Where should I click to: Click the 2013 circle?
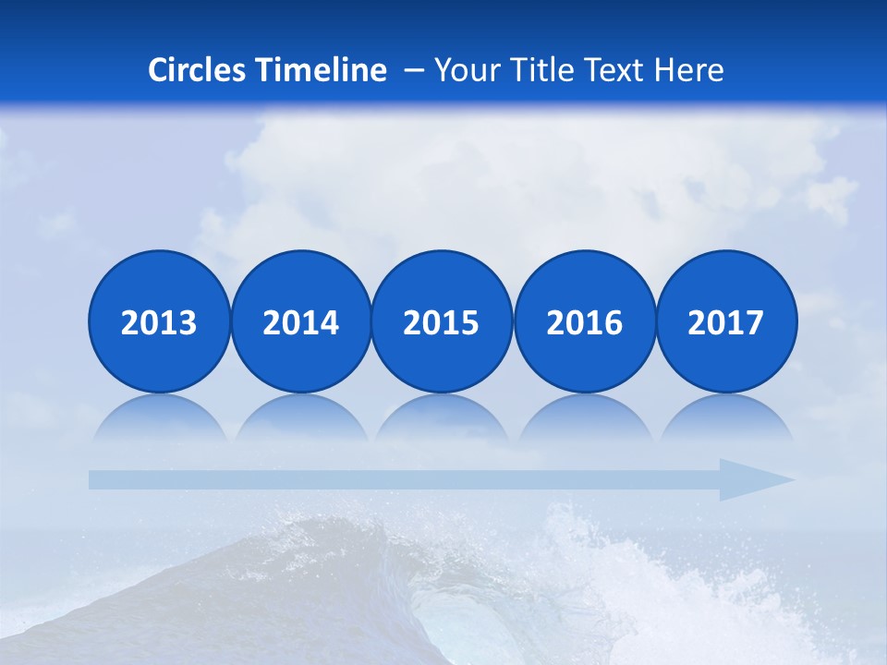click(159, 321)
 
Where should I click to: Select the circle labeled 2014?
click(301, 321)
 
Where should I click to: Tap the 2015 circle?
click(442, 321)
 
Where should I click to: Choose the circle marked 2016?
click(585, 321)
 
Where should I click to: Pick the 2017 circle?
click(726, 321)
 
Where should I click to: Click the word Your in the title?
click(464, 70)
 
